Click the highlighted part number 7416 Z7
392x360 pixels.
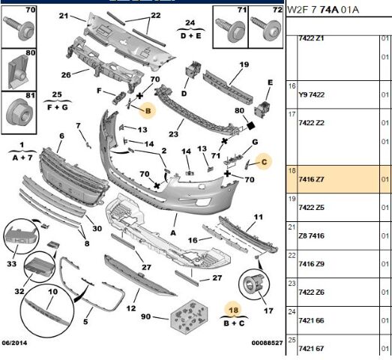coord(311,179)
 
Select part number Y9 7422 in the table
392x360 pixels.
coord(311,94)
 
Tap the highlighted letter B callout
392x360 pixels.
coord(148,110)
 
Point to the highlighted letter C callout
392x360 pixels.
coord(265,162)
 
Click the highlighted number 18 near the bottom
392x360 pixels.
coord(234,310)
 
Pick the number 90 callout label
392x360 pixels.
coord(145,316)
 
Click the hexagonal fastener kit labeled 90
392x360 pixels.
coord(189,315)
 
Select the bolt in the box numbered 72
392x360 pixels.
coord(266,28)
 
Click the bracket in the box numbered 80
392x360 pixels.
coord(18,71)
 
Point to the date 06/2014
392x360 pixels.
coord(14,343)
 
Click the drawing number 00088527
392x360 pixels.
coord(267,343)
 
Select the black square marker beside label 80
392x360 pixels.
coord(251,125)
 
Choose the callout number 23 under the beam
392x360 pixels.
coord(173,134)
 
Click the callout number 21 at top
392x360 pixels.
coord(64,16)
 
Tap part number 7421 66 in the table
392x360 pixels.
coord(311,320)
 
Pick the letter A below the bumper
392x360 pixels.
coord(173,233)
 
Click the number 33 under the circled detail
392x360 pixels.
coord(11,264)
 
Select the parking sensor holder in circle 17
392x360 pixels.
coord(254,283)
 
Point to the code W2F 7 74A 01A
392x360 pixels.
coord(323,10)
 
